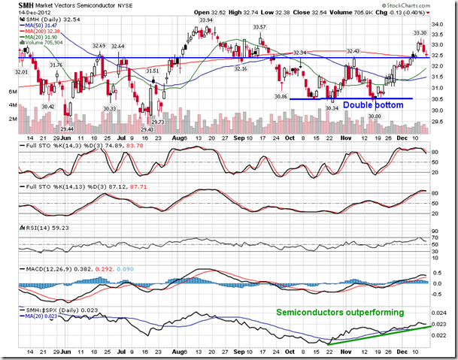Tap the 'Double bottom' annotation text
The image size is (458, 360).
point(372,104)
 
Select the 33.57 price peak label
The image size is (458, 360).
point(259,27)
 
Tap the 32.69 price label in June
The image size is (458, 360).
point(99,46)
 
